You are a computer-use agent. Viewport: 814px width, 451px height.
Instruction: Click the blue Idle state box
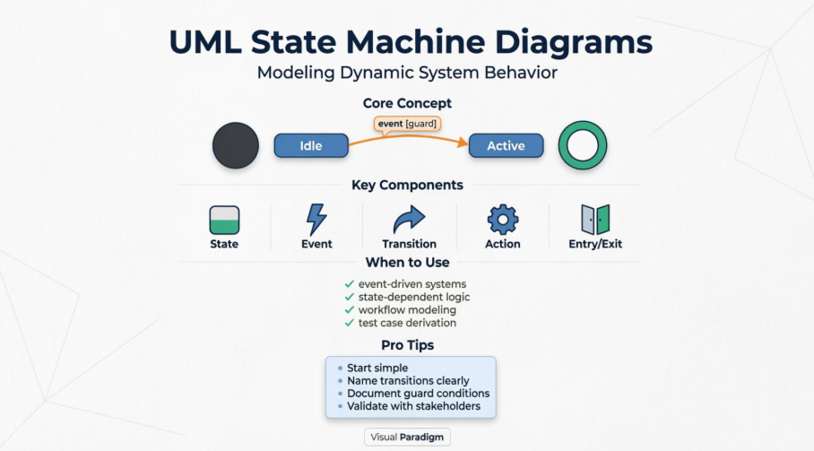pos(311,146)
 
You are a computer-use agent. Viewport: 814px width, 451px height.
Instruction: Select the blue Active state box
pos(506,146)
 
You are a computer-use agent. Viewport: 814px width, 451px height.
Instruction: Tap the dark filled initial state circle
pos(236,146)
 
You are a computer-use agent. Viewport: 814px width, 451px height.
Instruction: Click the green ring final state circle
pos(583,146)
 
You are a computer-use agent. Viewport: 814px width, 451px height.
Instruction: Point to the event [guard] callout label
pos(407,126)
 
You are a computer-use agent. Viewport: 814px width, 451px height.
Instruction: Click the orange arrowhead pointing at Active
pos(463,142)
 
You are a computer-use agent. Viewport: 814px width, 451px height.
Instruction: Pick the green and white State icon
pos(224,220)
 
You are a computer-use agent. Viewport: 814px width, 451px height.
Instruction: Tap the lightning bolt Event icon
pos(316,220)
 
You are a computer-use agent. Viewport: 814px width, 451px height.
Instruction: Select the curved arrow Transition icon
pos(410,220)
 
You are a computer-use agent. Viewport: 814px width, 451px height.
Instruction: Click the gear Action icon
pos(503,220)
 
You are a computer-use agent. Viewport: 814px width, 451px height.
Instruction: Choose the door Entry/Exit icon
pos(595,220)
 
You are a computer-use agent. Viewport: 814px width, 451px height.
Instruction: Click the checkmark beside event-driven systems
pos(350,284)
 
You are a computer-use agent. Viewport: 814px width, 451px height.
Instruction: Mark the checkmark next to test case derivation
pos(350,323)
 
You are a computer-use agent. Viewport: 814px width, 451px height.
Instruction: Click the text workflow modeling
pos(407,310)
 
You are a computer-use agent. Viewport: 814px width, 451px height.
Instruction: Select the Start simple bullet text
pos(377,369)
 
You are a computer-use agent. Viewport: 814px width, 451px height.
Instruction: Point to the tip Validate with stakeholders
pos(413,406)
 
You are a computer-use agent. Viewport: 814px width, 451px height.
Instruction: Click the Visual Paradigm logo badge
pos(407,438)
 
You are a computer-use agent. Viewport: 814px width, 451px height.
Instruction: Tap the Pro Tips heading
pos(407,345)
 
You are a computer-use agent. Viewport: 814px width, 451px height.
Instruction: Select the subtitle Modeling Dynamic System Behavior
pos(407,73)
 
